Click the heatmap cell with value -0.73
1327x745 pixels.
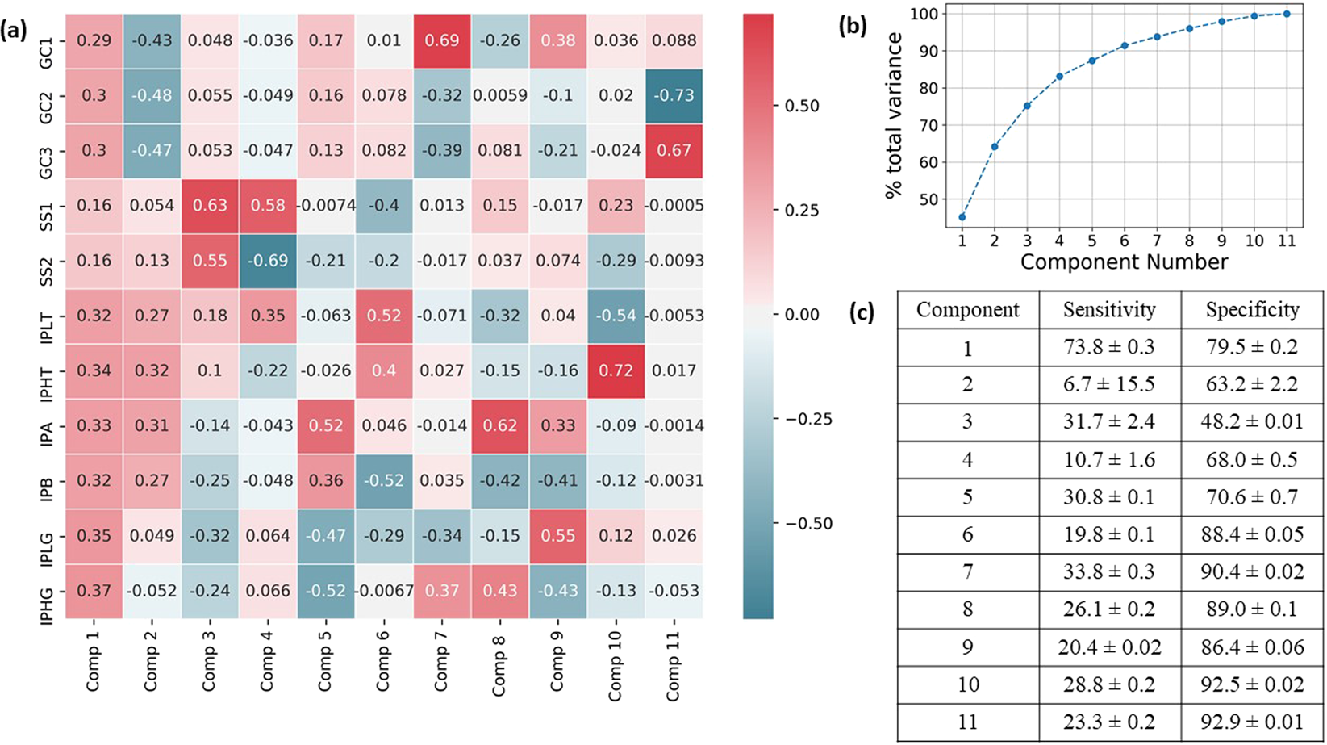pos(674,95)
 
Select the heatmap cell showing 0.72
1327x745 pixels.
pos(616,370)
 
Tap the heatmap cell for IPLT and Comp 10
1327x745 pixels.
pos(616,316)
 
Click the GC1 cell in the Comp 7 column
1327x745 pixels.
pos(442,40)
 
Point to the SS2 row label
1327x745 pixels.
pos(47,261)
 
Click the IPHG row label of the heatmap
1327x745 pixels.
pos(47,591)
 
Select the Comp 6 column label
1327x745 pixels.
pos(383,657)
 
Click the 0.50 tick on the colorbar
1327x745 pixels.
pos(802,106)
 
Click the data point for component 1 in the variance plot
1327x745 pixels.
pos(962,217)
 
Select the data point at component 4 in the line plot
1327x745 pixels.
pos(1059,77)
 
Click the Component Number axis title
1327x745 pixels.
pos(1124,262)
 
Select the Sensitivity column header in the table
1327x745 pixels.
pos(1109,310)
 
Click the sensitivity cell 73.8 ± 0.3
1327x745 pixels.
pos(1109,347)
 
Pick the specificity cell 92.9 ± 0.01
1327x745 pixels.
pos(1252,722)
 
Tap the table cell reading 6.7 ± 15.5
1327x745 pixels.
pos(1109,384)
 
